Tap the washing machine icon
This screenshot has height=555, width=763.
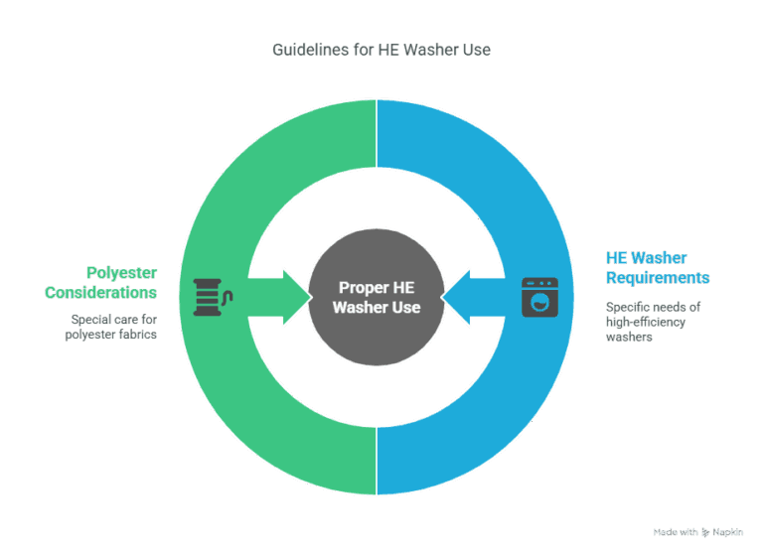[540, 297]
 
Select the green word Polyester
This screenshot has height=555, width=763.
[121, 273]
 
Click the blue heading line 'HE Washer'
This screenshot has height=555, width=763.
[647, 258]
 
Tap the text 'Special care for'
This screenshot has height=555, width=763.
[113, 319]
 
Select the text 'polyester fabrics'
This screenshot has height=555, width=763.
[110, 335]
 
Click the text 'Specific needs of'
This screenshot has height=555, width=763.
[653, 307]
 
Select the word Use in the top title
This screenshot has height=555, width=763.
[477, 49]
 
